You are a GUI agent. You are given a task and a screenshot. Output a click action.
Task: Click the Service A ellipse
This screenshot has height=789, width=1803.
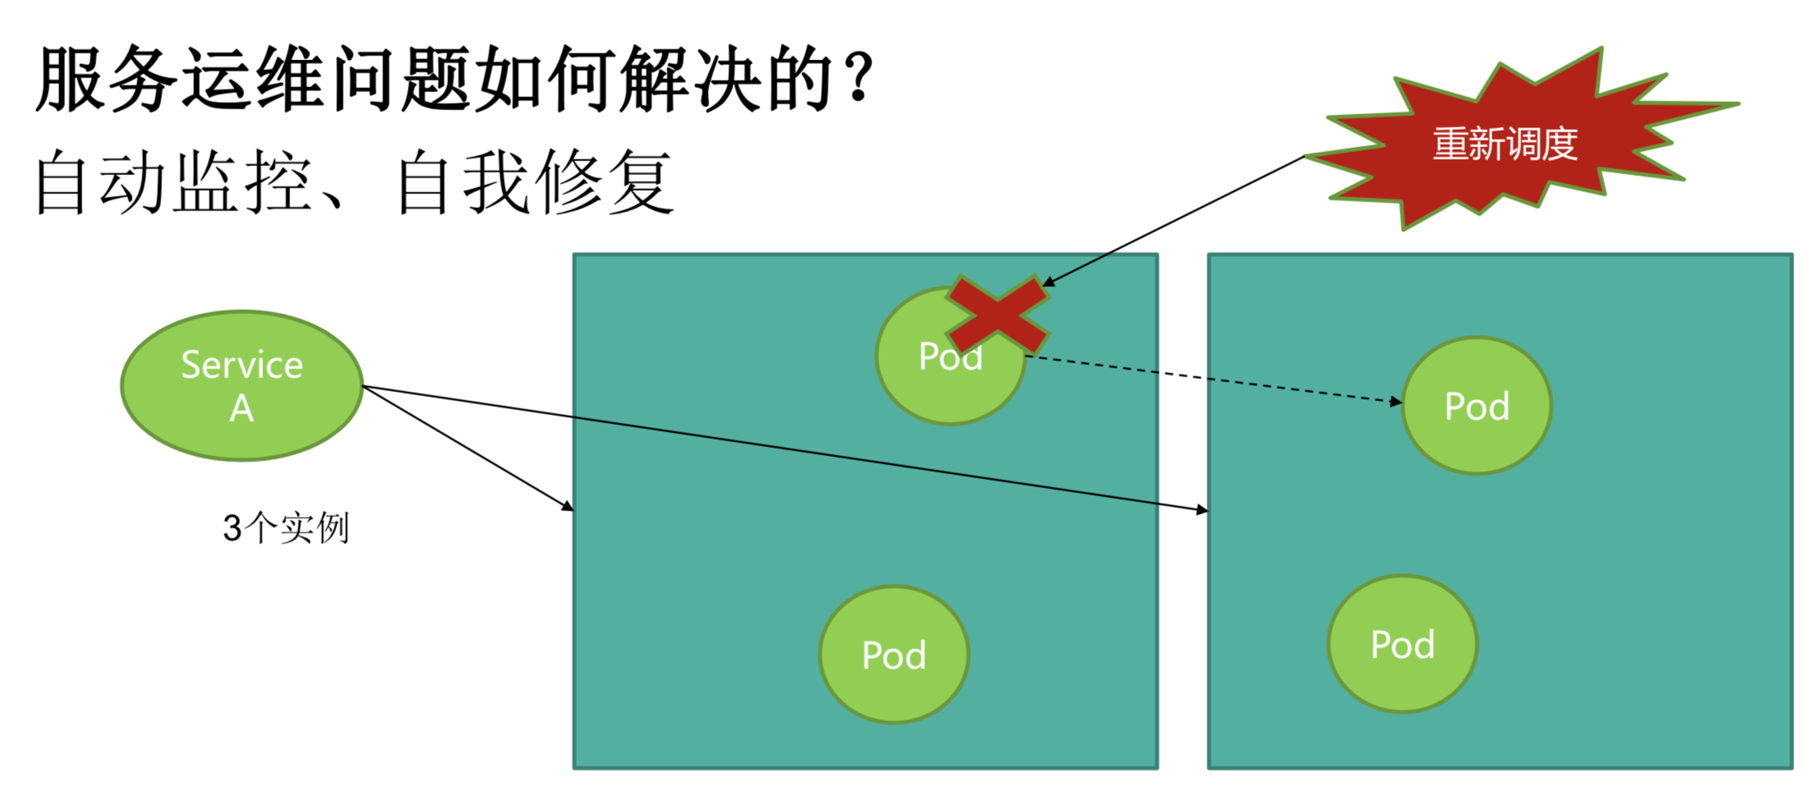242,385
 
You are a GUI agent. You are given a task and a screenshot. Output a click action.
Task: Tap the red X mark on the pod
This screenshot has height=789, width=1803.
997,316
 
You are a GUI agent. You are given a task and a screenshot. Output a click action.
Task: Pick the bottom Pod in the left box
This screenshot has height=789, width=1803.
894,655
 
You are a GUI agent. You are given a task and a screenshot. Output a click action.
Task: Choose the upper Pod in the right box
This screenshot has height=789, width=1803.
1477,406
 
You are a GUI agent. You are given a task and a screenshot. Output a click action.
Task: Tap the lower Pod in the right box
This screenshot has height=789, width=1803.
1403,644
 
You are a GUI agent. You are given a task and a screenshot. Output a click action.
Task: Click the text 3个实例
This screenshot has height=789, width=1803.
286,528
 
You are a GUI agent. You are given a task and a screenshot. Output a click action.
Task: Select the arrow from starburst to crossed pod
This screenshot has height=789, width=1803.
1175,220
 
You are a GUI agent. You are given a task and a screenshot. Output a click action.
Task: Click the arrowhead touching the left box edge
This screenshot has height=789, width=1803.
568,506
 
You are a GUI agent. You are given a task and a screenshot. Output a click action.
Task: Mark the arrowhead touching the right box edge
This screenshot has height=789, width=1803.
1202,510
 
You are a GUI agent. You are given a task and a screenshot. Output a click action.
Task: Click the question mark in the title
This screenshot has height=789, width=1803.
860,79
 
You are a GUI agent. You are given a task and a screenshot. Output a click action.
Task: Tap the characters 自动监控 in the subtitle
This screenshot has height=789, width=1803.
173,182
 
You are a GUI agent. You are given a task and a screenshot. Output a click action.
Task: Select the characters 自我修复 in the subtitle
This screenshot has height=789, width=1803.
534,182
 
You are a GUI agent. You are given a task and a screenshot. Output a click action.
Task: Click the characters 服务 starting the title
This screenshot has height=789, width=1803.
107,79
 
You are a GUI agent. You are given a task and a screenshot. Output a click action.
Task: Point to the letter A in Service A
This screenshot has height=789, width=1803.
242,408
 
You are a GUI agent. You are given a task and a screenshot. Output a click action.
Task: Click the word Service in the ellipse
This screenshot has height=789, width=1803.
242,365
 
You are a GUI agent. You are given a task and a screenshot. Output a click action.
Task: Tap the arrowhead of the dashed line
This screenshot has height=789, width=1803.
1396,402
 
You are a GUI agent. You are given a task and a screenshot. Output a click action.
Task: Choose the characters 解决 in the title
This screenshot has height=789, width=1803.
690,79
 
